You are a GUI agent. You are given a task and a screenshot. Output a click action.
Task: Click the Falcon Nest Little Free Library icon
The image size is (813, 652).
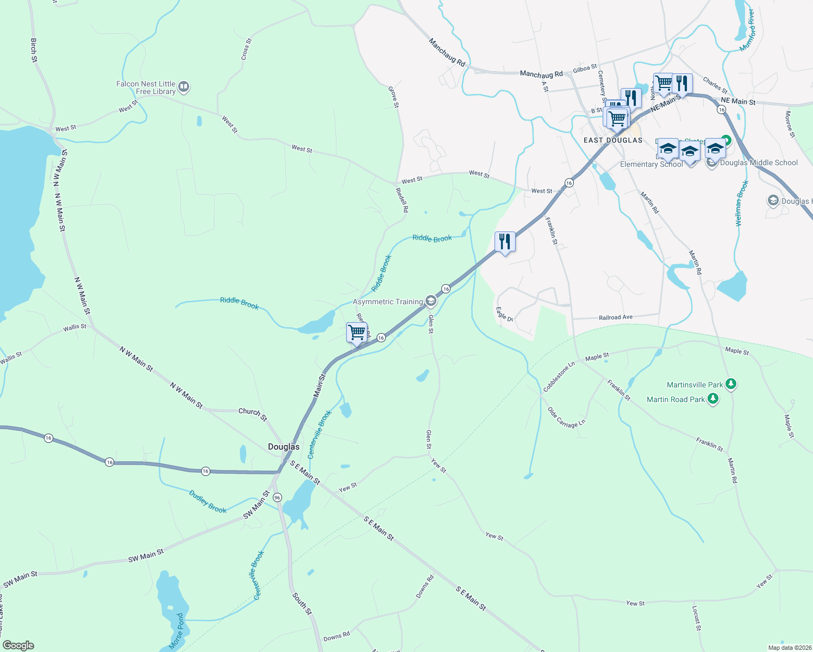point(184,86)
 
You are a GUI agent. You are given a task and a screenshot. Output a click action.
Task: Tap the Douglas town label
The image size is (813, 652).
point(284,447)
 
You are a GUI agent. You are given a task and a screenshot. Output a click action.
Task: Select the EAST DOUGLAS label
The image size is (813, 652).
point(612,140)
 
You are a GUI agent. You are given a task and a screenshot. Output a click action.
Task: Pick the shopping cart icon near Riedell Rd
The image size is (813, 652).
point(357,332)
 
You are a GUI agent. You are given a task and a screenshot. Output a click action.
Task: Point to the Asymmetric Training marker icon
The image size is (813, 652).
point(430,301)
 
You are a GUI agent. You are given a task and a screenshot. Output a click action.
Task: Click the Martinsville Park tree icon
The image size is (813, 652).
point(731,384)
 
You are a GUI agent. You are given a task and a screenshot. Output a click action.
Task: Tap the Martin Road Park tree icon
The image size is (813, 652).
point(713,399)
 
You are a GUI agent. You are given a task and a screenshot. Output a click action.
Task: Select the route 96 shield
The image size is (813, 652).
point(278,497)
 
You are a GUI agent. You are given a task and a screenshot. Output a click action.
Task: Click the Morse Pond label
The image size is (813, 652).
point(177,631)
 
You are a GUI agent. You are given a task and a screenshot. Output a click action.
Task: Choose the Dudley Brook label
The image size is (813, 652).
point(208,501)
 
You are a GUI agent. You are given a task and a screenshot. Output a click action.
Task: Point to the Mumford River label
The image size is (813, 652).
point(748,30)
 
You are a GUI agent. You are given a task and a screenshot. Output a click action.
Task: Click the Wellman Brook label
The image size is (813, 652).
point(742,203)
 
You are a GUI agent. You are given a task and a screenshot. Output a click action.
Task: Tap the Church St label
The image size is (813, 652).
point(253,414)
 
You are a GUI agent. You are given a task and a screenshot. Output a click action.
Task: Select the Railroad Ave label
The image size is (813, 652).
point(616,317)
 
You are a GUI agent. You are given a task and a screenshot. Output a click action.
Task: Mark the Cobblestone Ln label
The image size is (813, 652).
point(559,377)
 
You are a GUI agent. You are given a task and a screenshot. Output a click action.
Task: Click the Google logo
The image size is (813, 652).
point(18,645)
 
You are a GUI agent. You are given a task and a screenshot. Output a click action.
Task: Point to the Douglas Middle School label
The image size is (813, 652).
point(759,162)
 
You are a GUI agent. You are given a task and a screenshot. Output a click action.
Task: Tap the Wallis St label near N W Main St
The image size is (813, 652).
point(74,327)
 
